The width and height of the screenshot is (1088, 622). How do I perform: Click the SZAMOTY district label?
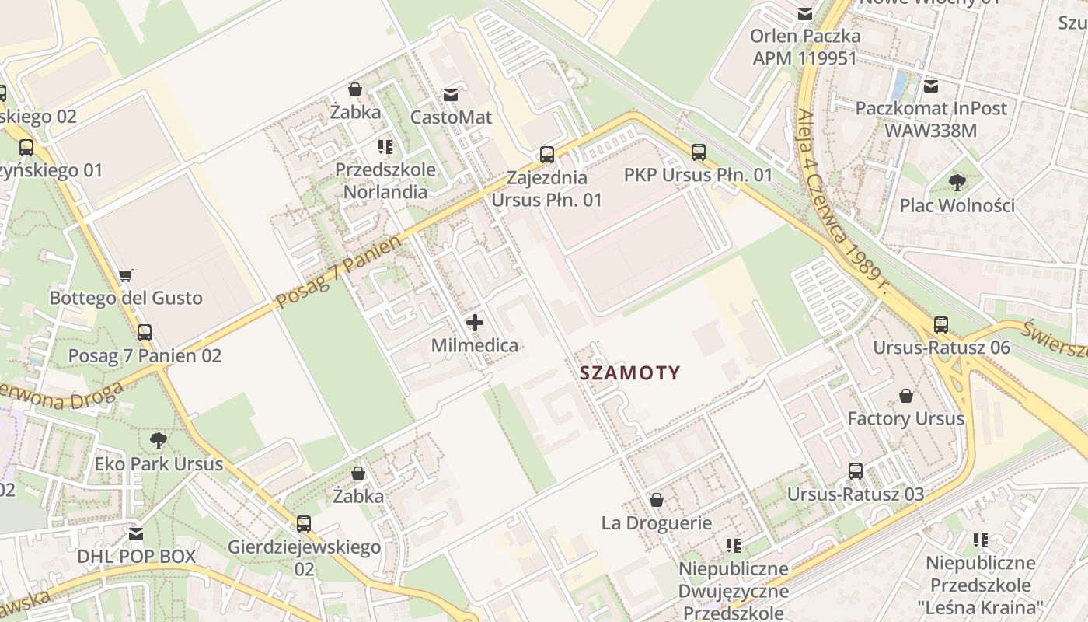coord(629,372)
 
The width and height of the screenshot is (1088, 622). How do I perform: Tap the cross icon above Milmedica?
coord(475,323)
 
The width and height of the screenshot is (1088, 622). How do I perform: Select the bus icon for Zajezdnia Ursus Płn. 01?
coord(547,154)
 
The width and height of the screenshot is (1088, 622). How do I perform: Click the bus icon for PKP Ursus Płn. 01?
coord(699,152)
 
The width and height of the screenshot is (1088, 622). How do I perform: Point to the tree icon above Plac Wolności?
coord(957,183)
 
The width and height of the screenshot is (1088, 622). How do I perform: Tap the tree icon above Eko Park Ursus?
coord(159,441)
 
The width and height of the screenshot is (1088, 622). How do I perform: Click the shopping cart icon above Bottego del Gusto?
coord(125,275)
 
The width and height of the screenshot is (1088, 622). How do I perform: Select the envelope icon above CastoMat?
coord(450,95)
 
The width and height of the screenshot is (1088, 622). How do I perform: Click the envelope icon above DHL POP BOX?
coord(136,534)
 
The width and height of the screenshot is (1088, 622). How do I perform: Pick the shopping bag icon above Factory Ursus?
coord(905,396)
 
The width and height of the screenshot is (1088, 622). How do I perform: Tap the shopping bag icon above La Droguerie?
coord(657,500)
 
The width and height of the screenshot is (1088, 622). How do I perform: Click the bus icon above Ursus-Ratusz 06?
coord(941,324)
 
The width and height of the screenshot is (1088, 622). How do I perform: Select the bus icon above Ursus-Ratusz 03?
coord(856,470)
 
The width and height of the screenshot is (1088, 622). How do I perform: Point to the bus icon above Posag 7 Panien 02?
coord(145,333)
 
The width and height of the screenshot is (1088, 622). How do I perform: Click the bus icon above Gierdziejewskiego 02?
coord(304,523)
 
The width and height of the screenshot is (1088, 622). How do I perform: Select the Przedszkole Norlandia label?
coord(385,180)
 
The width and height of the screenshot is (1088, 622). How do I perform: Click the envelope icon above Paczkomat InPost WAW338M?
coord(931,86)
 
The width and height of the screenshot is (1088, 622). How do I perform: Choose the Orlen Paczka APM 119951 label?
coord(805,47)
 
